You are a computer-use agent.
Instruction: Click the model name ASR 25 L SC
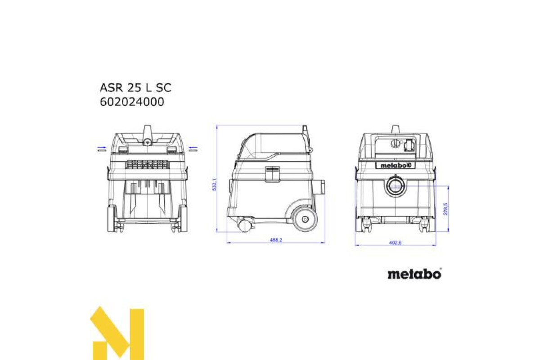coord(135,88)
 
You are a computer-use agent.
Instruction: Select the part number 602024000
coord(132,102)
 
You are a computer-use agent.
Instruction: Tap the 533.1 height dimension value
coord(214,184)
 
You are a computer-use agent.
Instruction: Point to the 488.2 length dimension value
coord(276,240)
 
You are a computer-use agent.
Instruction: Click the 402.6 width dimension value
coord(396,243)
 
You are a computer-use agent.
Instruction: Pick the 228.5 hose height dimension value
coord(445,209)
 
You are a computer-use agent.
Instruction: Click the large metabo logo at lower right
coord(414,274)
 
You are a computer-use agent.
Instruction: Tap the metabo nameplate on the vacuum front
coord(396,166)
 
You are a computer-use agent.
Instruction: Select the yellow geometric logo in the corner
coord(117,333)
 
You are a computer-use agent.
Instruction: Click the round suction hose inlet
coord(396,186)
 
